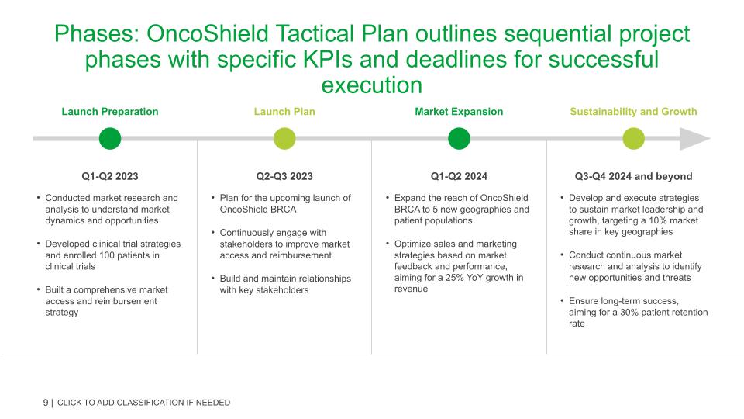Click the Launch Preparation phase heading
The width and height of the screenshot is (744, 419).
(110, 111)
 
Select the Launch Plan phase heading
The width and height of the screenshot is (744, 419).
(284, 111)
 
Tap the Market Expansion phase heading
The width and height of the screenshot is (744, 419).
(459, 111)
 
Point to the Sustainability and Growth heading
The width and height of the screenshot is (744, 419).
(633, 111)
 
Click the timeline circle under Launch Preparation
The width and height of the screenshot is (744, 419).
(110, 139)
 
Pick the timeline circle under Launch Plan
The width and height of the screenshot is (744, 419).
(284, 139)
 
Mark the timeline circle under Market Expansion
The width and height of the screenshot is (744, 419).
(459, 139)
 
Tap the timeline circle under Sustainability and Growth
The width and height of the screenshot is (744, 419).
(633, 139)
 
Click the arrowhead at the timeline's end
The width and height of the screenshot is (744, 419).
(697, 139)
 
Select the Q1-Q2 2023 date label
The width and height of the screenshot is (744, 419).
(110, 176)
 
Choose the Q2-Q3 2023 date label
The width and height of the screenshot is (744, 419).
(284, 176)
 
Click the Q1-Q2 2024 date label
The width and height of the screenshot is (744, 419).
(459, 176)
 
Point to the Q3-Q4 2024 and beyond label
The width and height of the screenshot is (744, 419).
(633, 176)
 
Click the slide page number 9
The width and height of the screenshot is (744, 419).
(46, 402)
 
